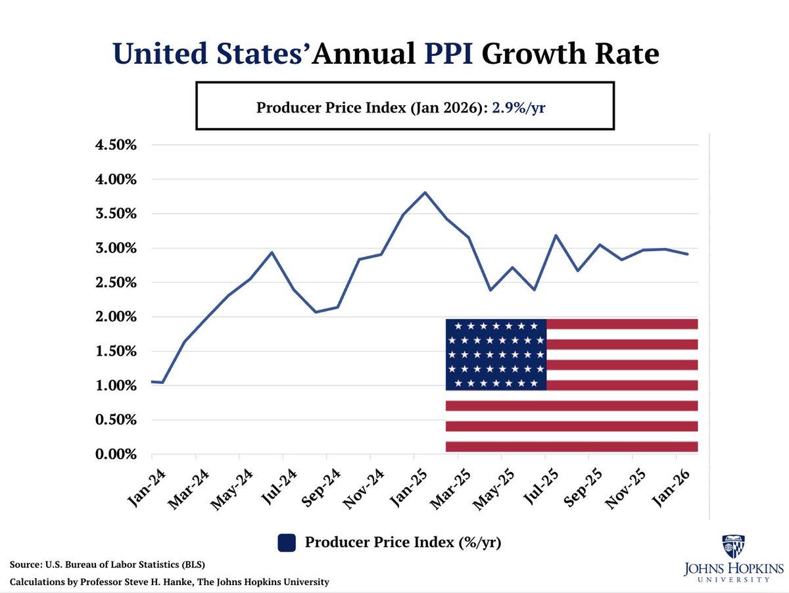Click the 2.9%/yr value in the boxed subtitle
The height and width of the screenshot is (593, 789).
tap(519, 107)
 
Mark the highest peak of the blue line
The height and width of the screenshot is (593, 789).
tap(425, 193)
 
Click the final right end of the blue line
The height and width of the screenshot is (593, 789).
tap(688, 254)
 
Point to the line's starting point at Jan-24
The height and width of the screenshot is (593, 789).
tap(153, 381)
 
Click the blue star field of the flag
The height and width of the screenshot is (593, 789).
tap(496, 354)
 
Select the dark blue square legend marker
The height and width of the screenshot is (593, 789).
tap(286, 542)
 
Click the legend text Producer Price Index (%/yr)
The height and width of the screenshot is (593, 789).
tap(403, 542)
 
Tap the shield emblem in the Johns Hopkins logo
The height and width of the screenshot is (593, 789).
tap(733, 546)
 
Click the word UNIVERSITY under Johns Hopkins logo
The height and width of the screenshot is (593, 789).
tap(733, 579)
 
